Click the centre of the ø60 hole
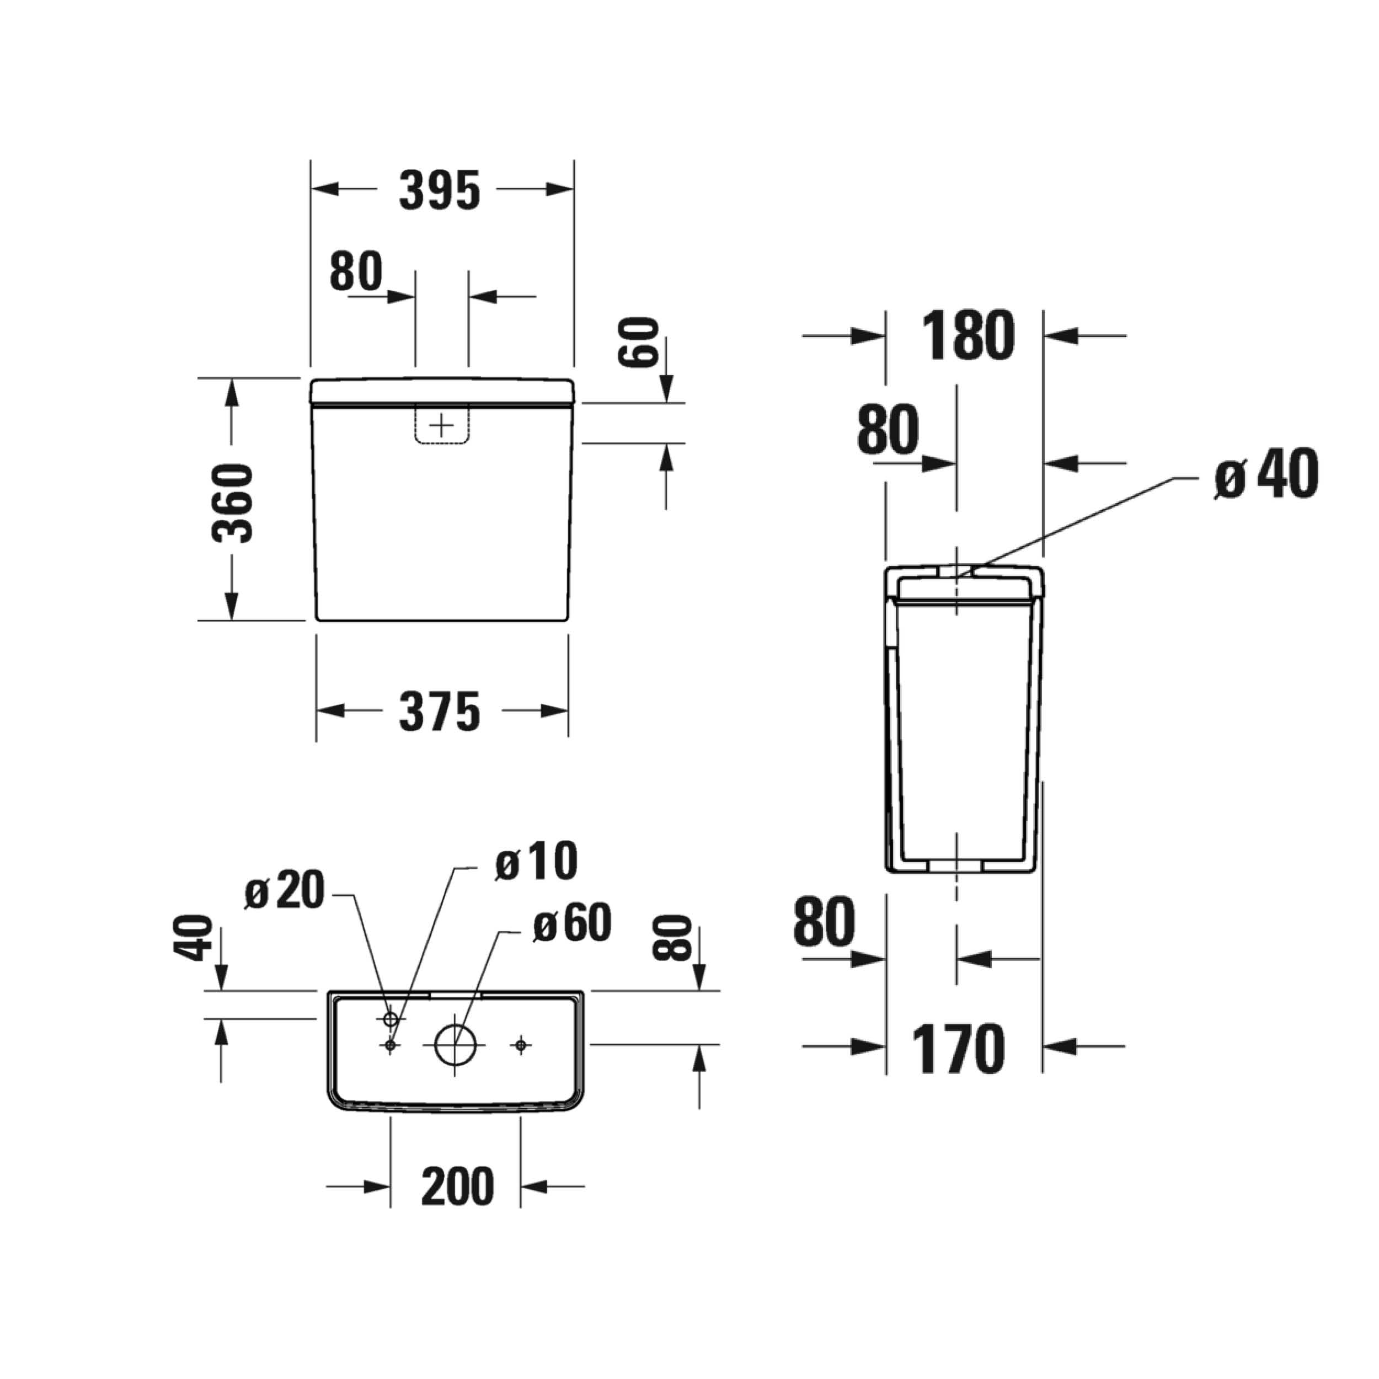[455, 1045]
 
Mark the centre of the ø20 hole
[391, 1019]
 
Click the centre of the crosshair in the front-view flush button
[442, 426]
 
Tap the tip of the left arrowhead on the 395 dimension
[311, 189]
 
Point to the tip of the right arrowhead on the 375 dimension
[568, 711]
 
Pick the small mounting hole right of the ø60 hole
[521, 1045]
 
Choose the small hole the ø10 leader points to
[391, 1045]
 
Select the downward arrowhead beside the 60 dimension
[666, 390]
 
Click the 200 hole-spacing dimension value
[457, 1186]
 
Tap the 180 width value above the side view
[968, 335]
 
